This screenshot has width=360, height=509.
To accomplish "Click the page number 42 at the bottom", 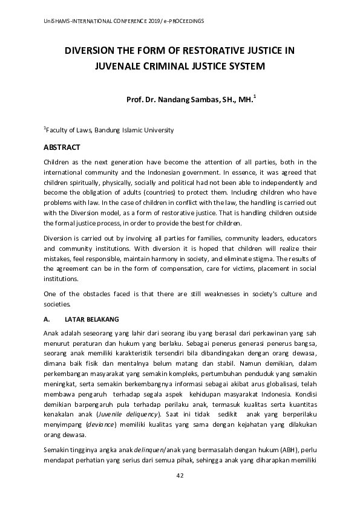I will pyautogui.click(x=180, y=492).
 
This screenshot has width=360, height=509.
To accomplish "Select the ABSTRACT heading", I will pyautogui.click(x=62, y=147).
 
